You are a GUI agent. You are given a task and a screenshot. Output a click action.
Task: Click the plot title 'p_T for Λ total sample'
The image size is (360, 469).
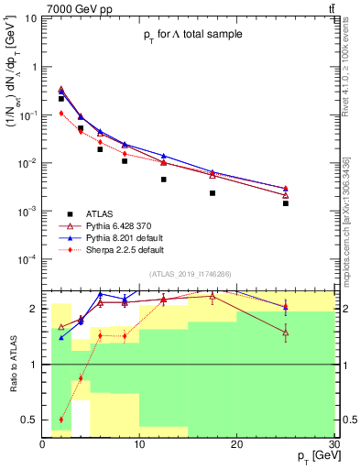[191, 35]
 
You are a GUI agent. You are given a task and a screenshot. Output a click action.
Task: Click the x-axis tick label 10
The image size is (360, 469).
[139, 444]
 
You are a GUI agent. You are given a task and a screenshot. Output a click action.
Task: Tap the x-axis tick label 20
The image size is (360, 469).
[236, 444]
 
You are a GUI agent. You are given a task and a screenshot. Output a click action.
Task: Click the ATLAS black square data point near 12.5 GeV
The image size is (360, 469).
[164, 180]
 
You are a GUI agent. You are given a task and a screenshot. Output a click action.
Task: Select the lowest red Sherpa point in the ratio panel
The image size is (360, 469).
[61, 420]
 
